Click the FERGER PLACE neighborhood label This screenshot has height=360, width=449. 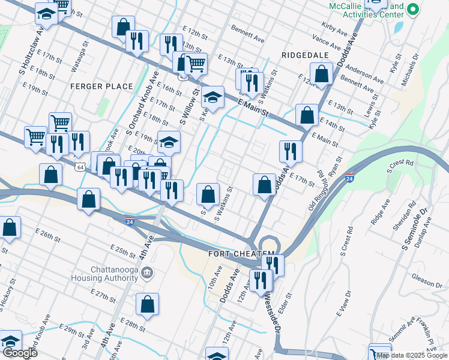[x=101, y=86]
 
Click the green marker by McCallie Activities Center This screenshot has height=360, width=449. [x=412, y=9]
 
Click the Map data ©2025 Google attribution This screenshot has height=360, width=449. [x=412, y=355]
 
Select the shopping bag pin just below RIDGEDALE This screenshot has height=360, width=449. [x=322, y=75]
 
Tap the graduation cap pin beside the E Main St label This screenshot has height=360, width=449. [x=212, y=97]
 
